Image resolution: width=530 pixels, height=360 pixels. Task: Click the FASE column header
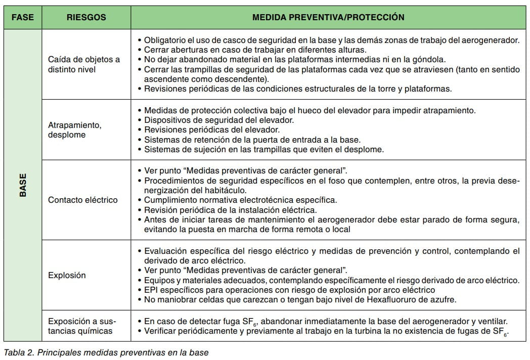tap(22, 17)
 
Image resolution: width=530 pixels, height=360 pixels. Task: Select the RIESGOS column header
tap(86, 17)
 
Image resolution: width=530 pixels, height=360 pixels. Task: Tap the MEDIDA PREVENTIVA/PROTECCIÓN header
tap(328, 17)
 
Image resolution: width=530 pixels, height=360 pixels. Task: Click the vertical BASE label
tap(23, 186)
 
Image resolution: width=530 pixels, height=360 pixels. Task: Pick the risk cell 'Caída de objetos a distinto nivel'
tap(84, 64)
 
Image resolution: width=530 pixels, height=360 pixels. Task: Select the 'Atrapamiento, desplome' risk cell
tap(74, 130)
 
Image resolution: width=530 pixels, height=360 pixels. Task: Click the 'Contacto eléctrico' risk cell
tap(82, 200)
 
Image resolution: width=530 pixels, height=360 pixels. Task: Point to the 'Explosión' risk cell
tap(67, 276)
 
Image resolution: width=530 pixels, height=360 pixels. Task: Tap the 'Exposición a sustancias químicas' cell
tap(81, 326)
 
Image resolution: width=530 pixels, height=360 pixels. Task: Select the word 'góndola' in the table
tap(429, 59)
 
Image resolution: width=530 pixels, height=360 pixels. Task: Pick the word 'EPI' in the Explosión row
tap(151, 290)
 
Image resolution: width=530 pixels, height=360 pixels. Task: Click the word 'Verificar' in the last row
tap(161, 331)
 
